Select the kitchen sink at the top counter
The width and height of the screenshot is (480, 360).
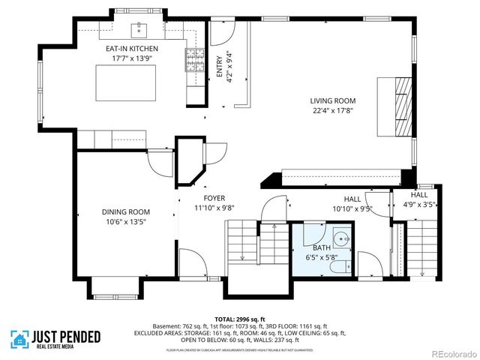tap(139, 30)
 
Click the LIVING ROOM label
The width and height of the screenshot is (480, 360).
tap(333, 100)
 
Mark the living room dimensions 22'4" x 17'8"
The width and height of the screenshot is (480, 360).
tap(333, 110)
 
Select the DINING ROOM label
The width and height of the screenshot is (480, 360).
tap(126, 212)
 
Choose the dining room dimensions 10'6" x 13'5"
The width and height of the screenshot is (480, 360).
tap(126, 222)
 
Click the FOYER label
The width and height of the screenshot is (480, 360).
tap(205, 198)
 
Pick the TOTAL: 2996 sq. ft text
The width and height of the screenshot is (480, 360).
tap(239, 317)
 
